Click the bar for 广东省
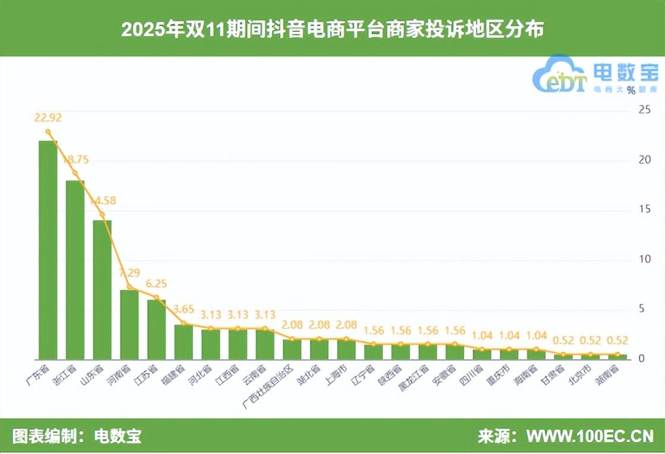coord(48,250)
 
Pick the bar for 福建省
coord(183,342)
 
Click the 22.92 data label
coord(48,118)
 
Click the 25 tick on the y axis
coord(644,111)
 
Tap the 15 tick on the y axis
coord(644,210)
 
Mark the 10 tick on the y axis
coord(644,260)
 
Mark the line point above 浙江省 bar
coord(75,173)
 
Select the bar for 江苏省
coord(157,330)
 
